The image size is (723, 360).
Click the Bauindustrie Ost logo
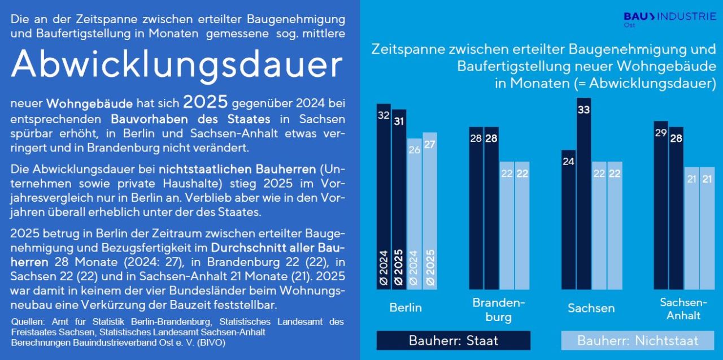(x=670, y=19)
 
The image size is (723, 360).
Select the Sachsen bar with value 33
(x=583, y=194)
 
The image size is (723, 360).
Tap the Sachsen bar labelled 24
(x=568, y=220)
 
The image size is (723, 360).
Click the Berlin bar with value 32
(x=384, y=197)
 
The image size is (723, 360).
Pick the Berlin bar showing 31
(x=399, y=199)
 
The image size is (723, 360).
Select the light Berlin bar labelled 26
(x=415, y=214)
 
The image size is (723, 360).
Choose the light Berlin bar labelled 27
(x=430, y=211)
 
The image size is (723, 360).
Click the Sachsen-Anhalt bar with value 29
(x=661, y=205)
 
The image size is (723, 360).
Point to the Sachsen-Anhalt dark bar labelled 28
(x=676, y=208)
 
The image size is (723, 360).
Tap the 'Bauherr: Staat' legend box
(x=454, y=340)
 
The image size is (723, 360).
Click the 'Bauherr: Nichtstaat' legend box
(x=638, y=340)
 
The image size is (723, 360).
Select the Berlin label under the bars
(x=406, y=307)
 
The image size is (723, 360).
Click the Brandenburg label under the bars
(x=499, y=310)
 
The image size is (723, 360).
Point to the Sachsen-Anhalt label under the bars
(x=683, y=309)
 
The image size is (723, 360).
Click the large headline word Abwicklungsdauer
(x=177, y=64)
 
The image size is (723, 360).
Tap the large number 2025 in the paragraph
(x=205, y=102)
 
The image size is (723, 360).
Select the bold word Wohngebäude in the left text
(x=89, y=103)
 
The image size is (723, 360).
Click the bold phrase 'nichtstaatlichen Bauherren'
(x=237, y=169)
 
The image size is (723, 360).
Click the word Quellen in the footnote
(x=28, y=322)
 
